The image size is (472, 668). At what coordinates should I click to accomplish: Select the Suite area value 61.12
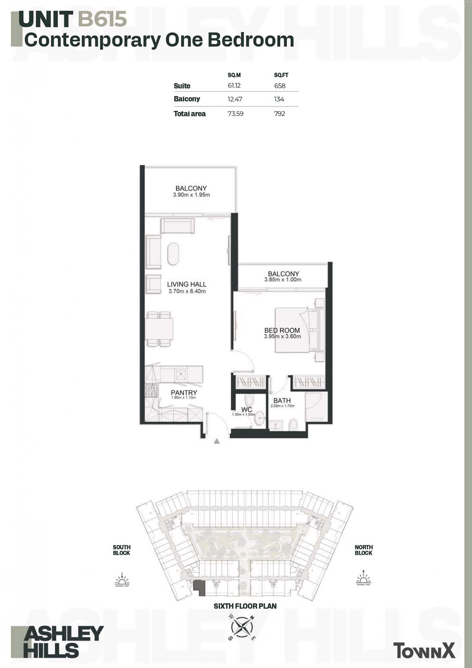pyautogui.click(x=234, y=85)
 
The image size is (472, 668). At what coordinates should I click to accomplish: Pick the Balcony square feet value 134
pyautogui.click(x=279, y=99)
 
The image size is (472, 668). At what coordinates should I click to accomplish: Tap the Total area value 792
pyautogui.click(x=280, y=113)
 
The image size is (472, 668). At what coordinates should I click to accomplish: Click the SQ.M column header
pyautogui.click(x=234, y=75)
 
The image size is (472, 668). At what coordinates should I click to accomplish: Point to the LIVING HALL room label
pyautogui.click(x=187, y=284)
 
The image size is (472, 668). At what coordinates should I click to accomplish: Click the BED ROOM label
pyautogui.click(x=282, y=330)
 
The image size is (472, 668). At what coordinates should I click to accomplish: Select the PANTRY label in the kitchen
pyautogui.click(x=184, y=393)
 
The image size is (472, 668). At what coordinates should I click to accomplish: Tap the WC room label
pyautogui.click(x=247, y=409)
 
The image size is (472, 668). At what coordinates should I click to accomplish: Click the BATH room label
pyautogui.click(x=282, y=400)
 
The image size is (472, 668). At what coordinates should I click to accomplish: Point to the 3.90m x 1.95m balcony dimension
pyautogui.click(x=191, y=195)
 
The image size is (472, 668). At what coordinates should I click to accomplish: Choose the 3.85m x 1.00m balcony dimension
pyautogui.click(x=283, y=280)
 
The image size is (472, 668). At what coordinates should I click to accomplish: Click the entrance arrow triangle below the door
pyautogui.click(x=217, y=441)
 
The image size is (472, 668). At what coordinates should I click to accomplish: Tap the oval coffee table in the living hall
pyautogui.click(x=173, y=254)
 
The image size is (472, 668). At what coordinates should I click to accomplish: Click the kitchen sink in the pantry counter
pyautogui.click(x=181, y=374)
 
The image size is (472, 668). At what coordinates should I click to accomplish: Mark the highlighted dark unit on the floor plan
pyautogui.click(x=199, y=588)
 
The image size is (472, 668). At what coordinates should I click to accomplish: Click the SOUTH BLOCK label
pyautogui.click(x=121, y=550)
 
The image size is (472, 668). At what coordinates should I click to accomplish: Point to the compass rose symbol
pyautogui.click(x=242, y=627)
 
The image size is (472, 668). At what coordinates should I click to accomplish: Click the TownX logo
pyautogui.click(x=424, y=650)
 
